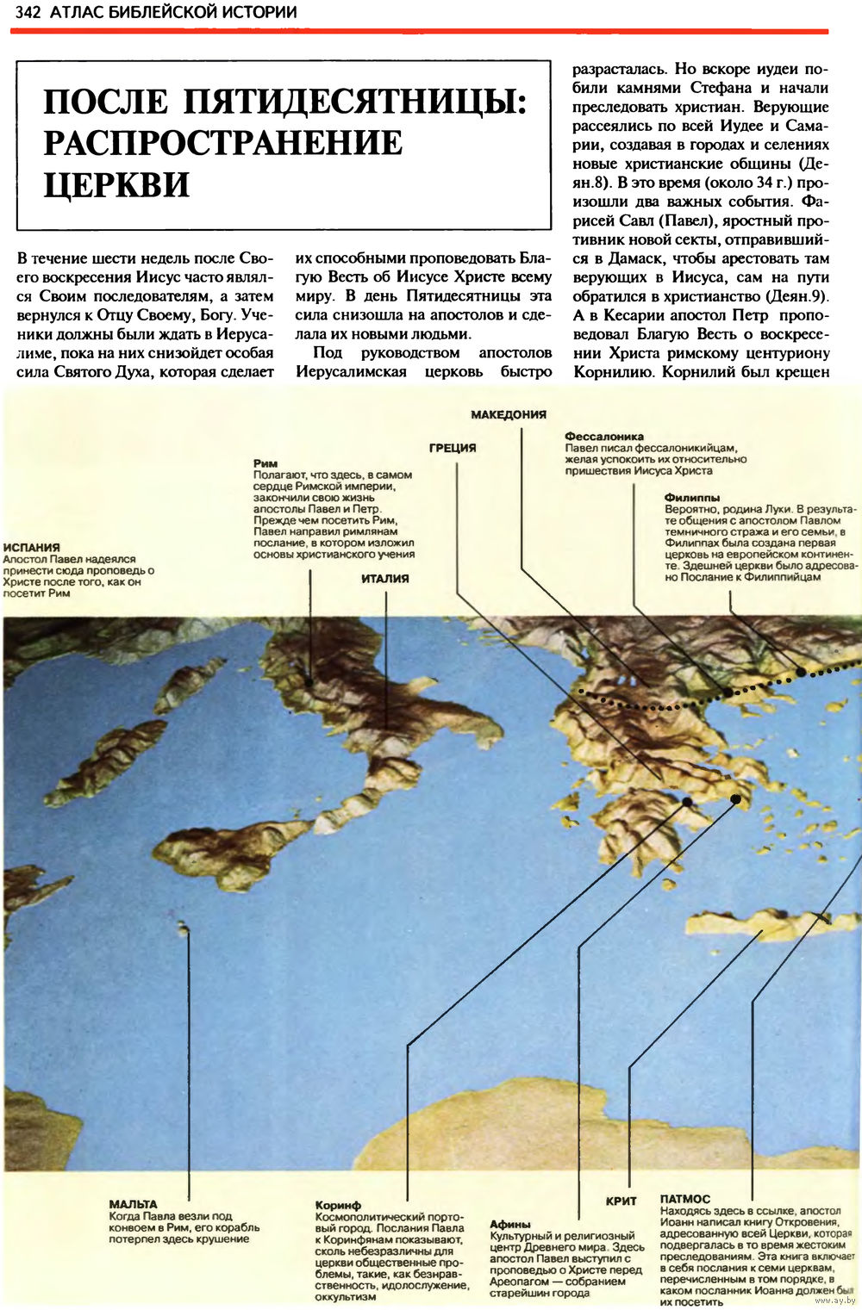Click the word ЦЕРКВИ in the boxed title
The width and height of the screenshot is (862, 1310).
tap(116, 184)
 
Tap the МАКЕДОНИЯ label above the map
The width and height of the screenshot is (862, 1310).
tap(509, 414)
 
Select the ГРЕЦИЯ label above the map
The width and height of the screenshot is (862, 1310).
tap(453, 447)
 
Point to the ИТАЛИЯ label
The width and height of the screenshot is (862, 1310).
tap(384, 579)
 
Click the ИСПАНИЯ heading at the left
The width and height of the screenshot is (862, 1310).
tap(31, 547)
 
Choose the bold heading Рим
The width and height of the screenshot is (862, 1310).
tap(265, 463)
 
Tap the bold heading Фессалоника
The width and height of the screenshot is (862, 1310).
tap(604, 437)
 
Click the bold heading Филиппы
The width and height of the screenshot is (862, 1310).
tap(691, 497)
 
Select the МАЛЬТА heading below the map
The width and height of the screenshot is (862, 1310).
tap(133, 1204)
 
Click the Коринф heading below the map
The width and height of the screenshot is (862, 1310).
tap(338, 1205)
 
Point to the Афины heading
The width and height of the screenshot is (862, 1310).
tap(510, 1224)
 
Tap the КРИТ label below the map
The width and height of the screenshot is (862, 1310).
tap(622, 1201)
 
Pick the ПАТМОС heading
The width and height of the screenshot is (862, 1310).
tap(685, 1199)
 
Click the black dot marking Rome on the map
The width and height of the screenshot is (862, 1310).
tap(309, 683)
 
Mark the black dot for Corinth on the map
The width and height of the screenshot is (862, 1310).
tap(687, 802)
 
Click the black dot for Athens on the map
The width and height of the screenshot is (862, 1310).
tap(735, 799)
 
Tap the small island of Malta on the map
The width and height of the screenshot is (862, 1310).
tap(183, 928)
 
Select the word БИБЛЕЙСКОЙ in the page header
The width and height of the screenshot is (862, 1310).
tap(154, 12)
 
